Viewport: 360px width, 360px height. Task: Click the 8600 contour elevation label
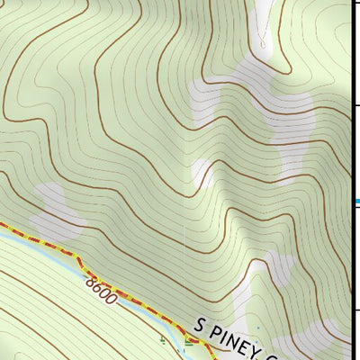pos(102,291)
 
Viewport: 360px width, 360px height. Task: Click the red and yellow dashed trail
pos(54,245)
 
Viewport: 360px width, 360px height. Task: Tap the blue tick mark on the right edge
pos(356,201)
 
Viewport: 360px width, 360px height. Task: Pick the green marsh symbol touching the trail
pos(188,340)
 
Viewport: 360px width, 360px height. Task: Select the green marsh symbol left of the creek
pos(162,340)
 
